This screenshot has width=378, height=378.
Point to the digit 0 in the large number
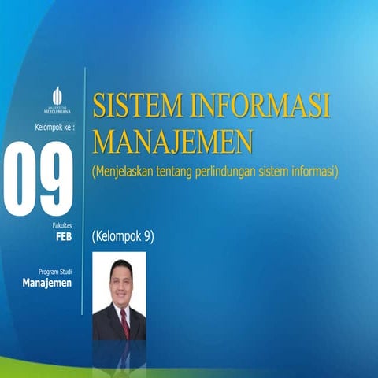point(21,180)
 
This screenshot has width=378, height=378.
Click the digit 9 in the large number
point(57,180)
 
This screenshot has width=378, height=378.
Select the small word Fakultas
point(62,225)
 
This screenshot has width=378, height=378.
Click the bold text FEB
point(64,235)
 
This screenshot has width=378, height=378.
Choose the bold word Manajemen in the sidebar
point(47,283)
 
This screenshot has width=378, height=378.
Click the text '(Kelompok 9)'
point(122,235)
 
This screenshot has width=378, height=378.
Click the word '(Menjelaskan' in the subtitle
point(122,169)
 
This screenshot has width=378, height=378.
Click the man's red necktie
point(124,322)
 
